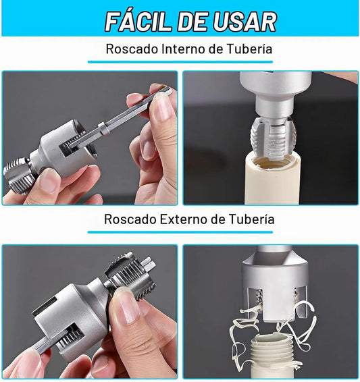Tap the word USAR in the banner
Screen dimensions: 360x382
(245, 22)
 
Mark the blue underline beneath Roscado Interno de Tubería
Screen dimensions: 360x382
(180, 62)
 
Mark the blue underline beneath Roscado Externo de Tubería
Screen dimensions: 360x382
(180, 232)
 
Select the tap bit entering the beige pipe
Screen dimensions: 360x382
(273, 138)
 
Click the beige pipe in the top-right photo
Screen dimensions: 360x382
(272, 180)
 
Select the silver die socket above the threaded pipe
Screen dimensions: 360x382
(275, 285)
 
